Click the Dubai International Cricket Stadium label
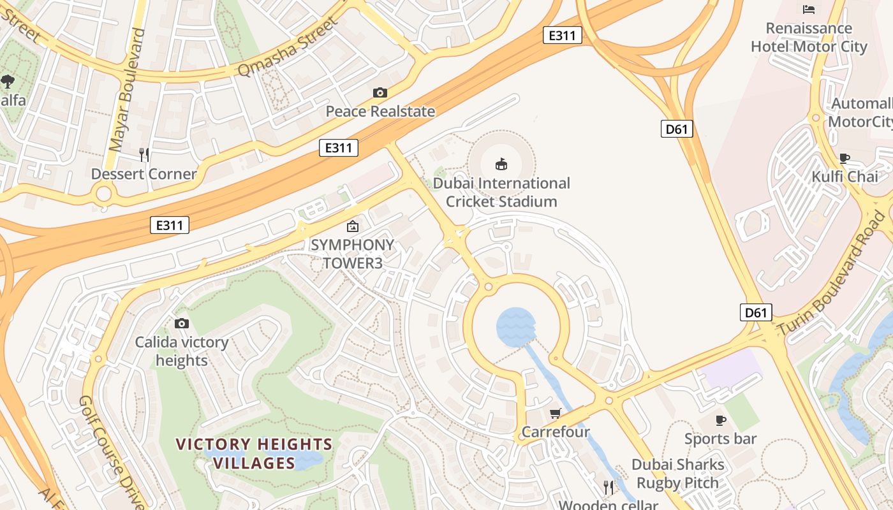point(501,193)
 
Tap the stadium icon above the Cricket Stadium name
point(501,164)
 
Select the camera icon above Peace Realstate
point(380,93)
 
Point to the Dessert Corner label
point(144,174)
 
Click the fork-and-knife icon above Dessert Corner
point(144,154)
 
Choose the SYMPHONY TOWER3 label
point(352,254)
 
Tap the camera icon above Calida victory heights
point(182,324)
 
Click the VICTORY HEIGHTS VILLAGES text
point(254,453)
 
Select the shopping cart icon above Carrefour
point(556,414)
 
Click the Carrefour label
point(556,432)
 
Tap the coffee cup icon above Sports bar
point(721,420)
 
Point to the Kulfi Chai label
point(845,177)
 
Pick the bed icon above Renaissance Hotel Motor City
point(809,9)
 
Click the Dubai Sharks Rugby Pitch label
point(677,474)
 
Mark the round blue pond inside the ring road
point(515,327)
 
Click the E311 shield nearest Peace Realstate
point(338,149)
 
